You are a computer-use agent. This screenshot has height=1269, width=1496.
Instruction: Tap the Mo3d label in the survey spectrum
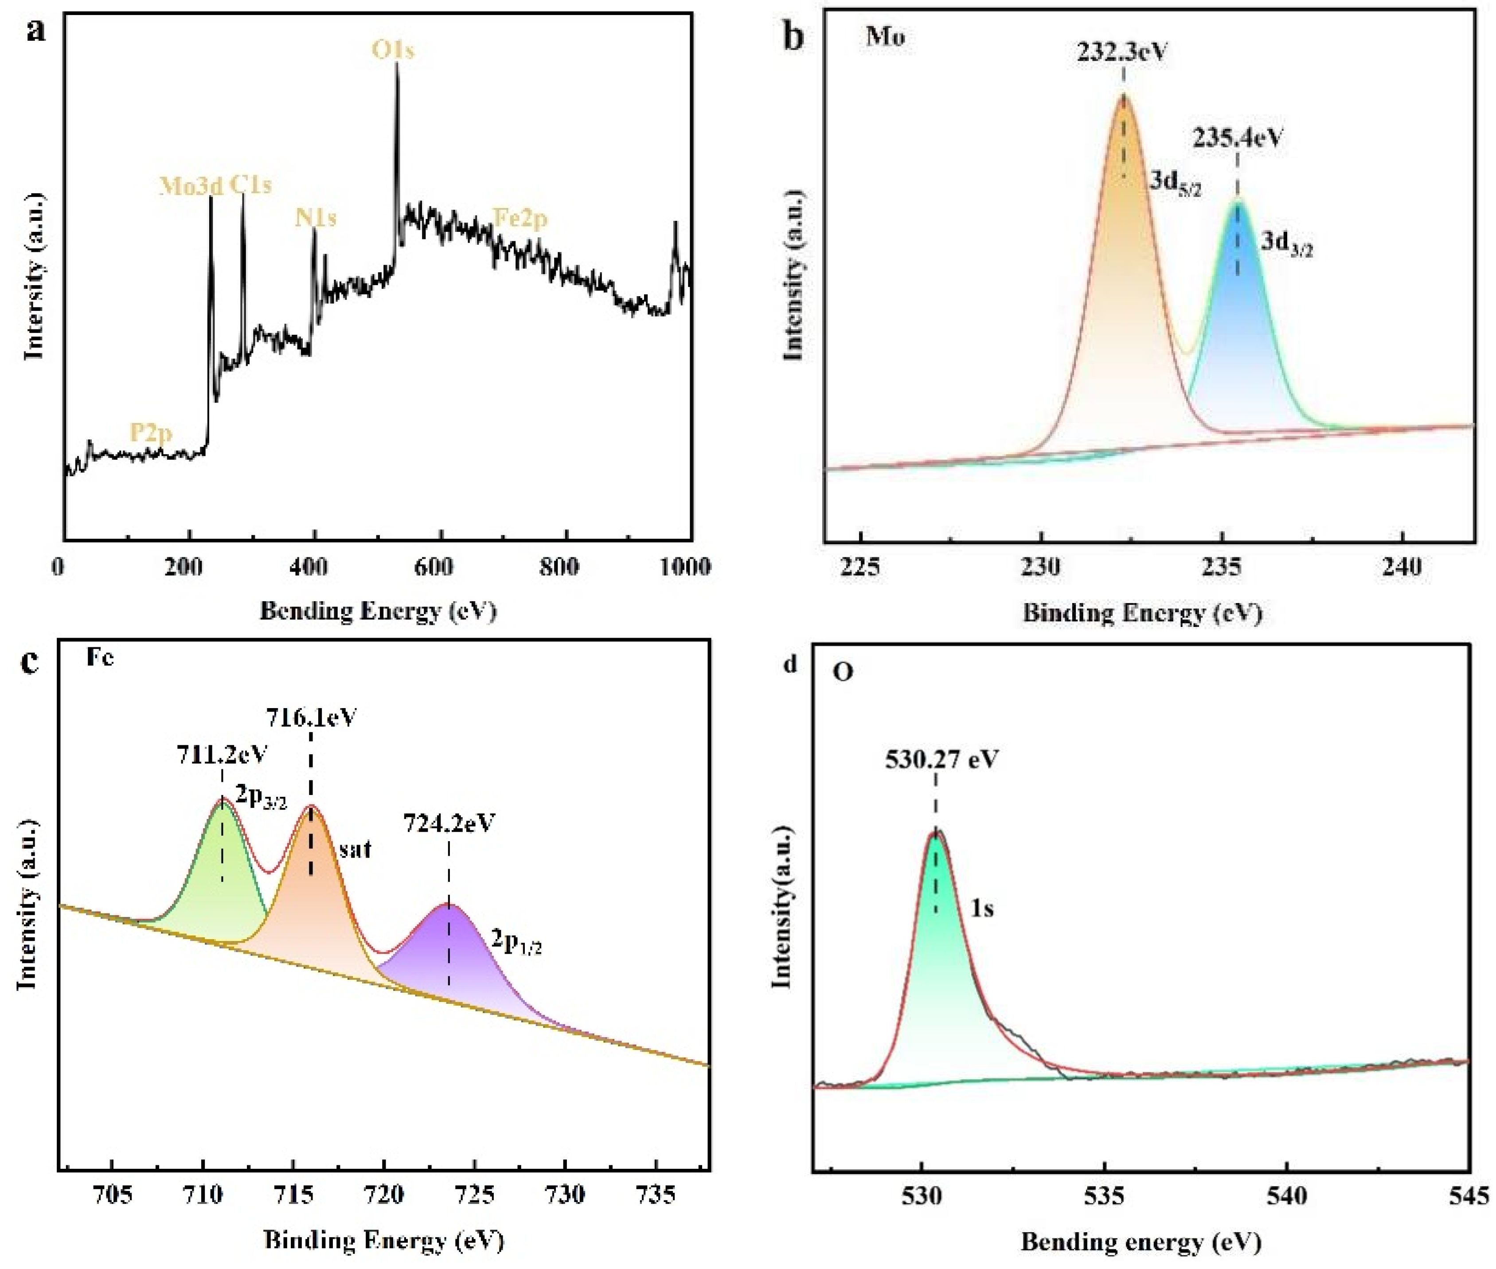(x=191, y=186)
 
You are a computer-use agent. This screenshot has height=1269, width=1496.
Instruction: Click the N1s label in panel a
(x=315, y=217)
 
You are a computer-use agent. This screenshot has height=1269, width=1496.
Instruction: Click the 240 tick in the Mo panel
(x=1402, y=568)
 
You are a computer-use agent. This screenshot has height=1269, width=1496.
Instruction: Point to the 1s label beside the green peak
(x=982, y=909)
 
